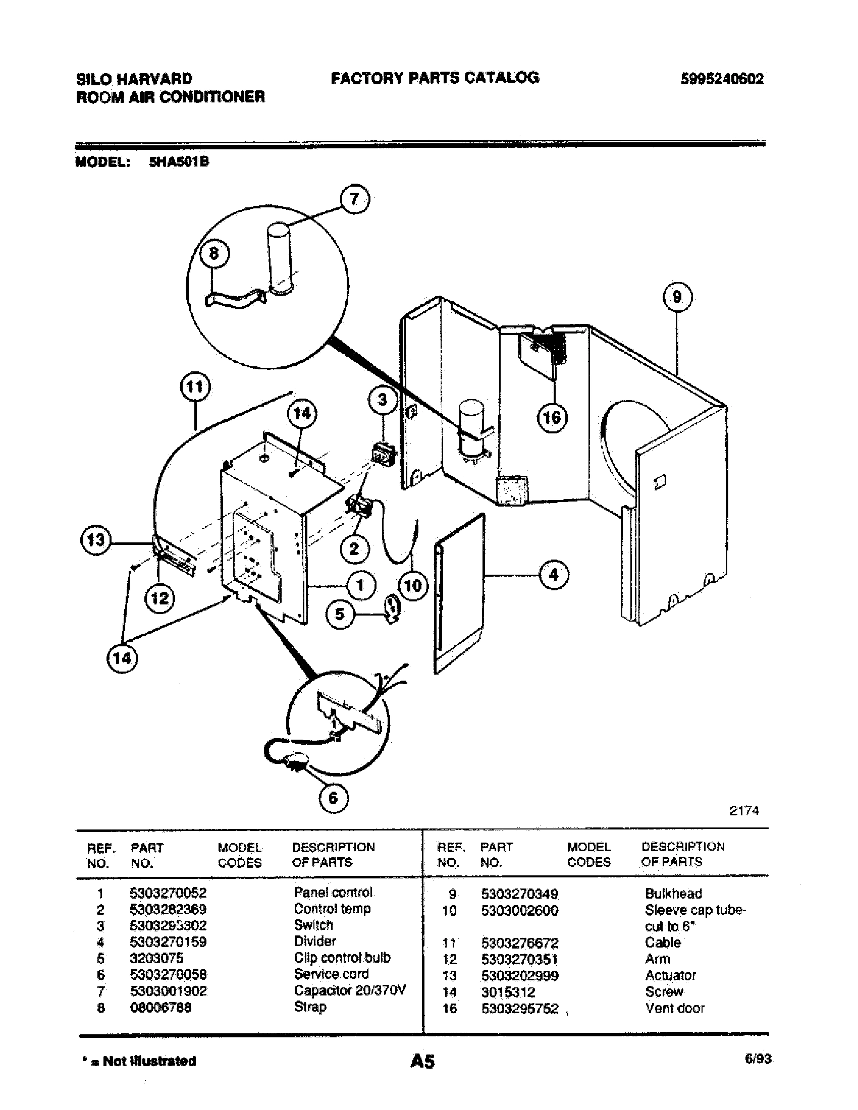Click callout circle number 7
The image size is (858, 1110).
tap(354, 199)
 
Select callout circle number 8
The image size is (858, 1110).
tap(214, 253)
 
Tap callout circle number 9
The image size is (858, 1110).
tap(677, 297)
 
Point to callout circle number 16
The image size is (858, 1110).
tap(552, 418)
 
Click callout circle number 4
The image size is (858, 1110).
tap(554, 575)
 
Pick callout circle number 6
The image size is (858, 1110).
tap(333, 798)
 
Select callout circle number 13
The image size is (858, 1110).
tap(95, 540)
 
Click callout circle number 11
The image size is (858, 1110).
tap(195, 387)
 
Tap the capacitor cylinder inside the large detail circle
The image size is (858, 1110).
tap(279, 258)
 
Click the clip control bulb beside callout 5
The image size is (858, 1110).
tap(392, 608)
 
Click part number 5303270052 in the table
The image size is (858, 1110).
tap(168, 893)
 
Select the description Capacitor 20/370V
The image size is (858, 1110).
tap(350, 990)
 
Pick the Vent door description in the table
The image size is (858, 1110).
tap(674, 1009)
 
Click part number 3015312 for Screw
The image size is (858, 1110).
tap(508, 992)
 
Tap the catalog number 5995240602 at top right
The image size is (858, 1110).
tap(722, 79)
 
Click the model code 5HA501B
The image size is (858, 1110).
tap(179, 162)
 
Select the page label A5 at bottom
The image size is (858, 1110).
tap(422, 1061)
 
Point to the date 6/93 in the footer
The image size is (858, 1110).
tap(758, 1059)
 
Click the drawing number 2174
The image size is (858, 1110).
tap(743, 811)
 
